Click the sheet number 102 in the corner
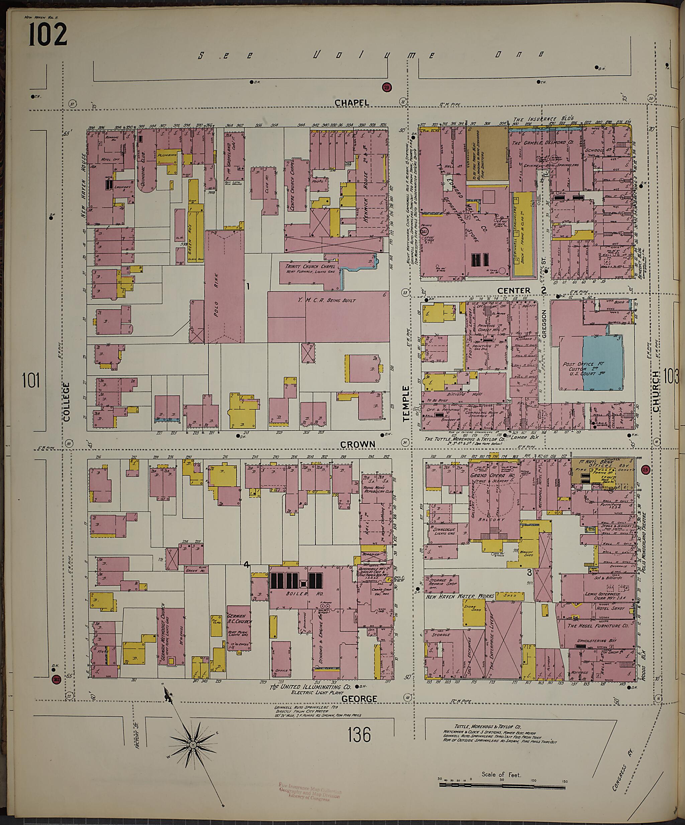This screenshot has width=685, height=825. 47,34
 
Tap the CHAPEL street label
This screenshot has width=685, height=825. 352,103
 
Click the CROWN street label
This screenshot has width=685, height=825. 358,444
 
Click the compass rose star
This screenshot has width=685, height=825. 193,745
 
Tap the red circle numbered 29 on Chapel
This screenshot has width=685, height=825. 387,88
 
